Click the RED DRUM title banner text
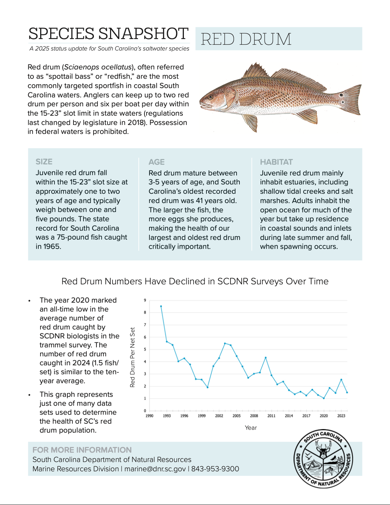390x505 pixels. (x=246, y=39)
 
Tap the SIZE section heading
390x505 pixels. (x=44, y=162)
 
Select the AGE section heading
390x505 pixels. (x=157, y=162)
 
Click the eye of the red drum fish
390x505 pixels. (x=210, y=97)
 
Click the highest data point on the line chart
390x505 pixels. (x=161, y=306)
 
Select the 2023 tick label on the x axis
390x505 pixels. (x=341, y=416)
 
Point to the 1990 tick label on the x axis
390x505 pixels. (x=149, y=416)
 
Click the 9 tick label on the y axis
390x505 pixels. (x=145, y=300)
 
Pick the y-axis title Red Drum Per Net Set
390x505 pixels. (x=133, y=357)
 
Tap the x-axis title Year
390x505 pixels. (x=251, y=428)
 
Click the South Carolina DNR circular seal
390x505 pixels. (x=323, y=458)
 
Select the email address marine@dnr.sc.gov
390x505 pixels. (x=155, y=469)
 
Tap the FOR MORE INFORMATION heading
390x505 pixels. (x=82, y=450)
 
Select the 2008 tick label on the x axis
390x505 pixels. (x=254, y=416)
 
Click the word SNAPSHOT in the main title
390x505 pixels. (x=143, y=34)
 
